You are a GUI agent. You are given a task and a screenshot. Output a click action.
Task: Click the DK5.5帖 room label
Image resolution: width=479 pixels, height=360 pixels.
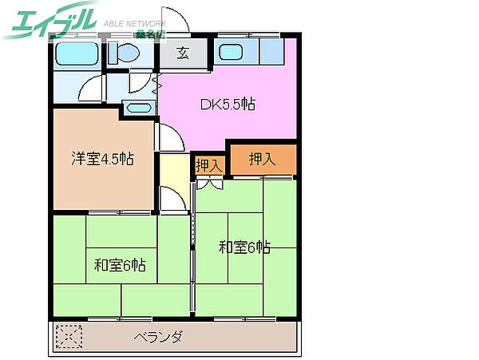click(228, 104)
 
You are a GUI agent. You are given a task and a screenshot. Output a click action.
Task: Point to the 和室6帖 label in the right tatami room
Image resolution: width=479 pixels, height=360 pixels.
click(245, 247)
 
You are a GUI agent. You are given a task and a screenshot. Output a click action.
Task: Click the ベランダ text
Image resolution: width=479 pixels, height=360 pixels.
click(157, 336)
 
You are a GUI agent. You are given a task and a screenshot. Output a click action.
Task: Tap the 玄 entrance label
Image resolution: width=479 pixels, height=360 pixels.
click(183, 54)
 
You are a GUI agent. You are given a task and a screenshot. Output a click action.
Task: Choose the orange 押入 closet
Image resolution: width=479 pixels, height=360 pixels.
click(263, 159)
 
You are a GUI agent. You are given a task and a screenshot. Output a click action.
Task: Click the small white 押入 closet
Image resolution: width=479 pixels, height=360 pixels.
click(209, 164)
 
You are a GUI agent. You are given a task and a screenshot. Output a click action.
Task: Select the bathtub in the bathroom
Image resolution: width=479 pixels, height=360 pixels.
click(76, 54)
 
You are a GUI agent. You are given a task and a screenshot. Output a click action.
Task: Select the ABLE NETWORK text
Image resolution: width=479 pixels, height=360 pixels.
click(134, 24)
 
